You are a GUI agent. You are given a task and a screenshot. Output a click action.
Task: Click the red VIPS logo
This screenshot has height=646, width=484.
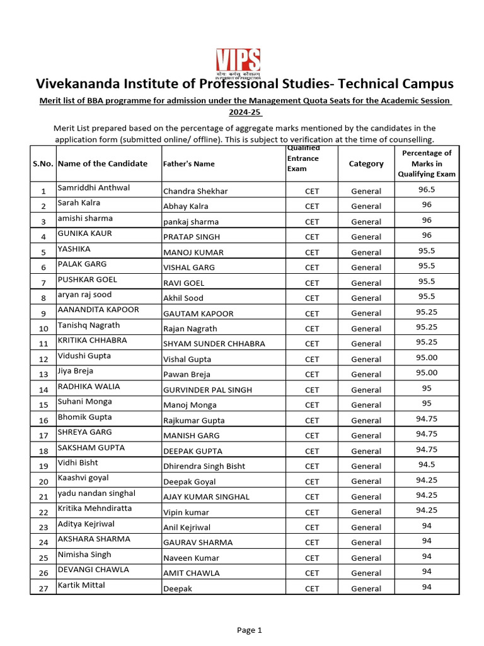[238, 62]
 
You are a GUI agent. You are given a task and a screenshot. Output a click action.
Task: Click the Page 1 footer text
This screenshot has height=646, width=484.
[249, 630]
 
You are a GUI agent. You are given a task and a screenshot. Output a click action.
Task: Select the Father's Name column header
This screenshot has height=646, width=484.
[188, 163]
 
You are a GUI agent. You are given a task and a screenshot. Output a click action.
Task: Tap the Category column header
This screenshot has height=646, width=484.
[366, 163]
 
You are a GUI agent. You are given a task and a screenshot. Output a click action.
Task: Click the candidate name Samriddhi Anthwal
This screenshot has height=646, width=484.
[93, 188]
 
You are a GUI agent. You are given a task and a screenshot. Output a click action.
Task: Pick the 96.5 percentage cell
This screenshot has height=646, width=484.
[427, 189]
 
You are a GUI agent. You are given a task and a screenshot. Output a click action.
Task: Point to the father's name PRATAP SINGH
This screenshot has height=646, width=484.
[192, 237]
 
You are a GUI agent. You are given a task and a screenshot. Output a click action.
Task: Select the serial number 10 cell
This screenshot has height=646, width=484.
[43, 329]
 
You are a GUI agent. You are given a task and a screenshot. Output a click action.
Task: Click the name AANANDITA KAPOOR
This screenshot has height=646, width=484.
[98, 310]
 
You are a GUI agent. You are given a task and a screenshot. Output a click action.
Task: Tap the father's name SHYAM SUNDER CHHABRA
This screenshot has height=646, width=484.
[214, 344]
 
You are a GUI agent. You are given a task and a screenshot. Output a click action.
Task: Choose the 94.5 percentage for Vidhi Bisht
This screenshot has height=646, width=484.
[427, 464]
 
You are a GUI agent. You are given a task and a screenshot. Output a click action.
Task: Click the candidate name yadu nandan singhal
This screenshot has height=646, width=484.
[96, 493]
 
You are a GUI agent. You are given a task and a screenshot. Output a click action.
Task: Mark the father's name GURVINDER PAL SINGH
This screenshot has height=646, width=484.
[207, 390]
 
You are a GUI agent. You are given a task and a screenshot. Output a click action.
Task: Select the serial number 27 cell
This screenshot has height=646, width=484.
[43, 589]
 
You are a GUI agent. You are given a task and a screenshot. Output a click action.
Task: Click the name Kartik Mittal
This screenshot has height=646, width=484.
[81, 585]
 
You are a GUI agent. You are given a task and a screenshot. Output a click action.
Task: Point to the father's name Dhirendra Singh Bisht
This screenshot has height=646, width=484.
[204, 466]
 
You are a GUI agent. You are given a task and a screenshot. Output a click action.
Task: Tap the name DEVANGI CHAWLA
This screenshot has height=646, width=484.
[93, 570]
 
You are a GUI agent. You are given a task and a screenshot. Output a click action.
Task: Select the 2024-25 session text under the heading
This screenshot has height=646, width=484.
[245, 112]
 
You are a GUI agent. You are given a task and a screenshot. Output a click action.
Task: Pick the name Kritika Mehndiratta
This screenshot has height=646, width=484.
[95, 508]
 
